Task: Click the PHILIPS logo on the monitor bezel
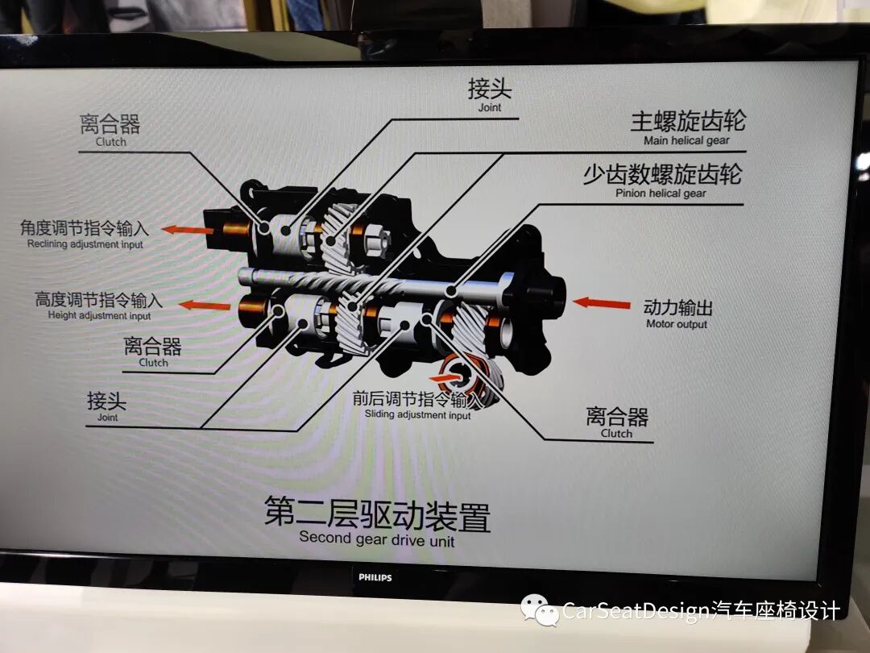click(375, 577)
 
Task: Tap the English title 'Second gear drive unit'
click(376, 539)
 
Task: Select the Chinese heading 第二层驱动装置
click(377, 514)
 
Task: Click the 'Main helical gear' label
click(686, 140)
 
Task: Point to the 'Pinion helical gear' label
click(661, 193)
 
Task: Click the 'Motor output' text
click(677, 324)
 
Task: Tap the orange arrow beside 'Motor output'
click(602, 303)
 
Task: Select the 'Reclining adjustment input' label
click(85, 244)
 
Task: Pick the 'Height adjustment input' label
click(99, 315)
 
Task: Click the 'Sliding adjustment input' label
click(417, 414)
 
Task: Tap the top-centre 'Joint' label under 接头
click(489, 107)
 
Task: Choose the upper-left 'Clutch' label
click(111, 142)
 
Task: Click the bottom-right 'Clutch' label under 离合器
click(616, 433)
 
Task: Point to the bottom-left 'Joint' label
click(107, 418)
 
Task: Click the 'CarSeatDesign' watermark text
click(636, 611)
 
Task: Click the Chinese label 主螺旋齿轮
click(688, 122)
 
